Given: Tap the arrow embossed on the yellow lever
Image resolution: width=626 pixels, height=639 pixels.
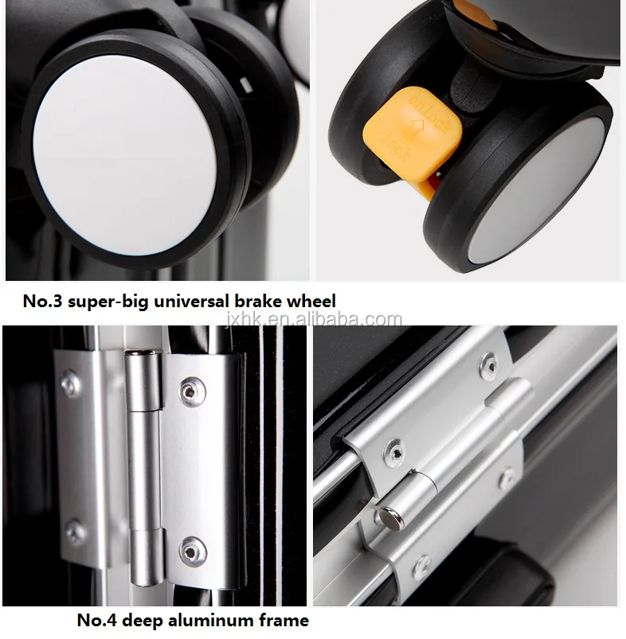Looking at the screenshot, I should pyautogui.click(x=417, y=127).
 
